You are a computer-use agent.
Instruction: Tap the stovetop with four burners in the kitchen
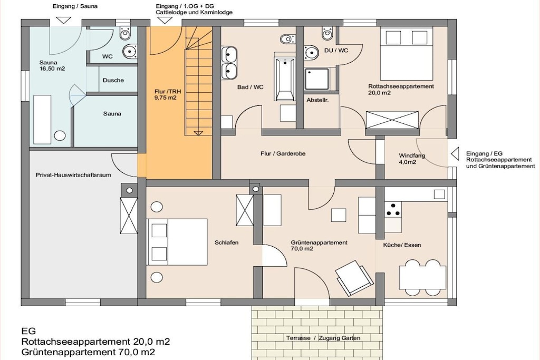[393, 209]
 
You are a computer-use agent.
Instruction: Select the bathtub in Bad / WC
[285, 79]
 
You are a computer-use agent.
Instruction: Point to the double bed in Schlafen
[177, 242]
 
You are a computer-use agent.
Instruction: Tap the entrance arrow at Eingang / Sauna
[63, 21]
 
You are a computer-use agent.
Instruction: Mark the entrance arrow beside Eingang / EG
[455, 154]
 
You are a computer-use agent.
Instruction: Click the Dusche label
[113, 80]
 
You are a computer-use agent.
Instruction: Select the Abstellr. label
[317, 100]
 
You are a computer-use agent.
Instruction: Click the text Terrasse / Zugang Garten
[323, 338]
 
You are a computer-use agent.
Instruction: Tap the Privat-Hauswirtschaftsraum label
[73, 175]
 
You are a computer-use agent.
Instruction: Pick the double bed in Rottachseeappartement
[407, 54]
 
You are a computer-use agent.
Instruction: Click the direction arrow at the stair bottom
[198, 133]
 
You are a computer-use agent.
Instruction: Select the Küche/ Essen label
[402, 245]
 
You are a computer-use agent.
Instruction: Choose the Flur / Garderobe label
[283, 153]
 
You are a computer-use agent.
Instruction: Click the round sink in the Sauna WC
[130, 51]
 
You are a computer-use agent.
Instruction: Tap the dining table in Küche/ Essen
[422, 277]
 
